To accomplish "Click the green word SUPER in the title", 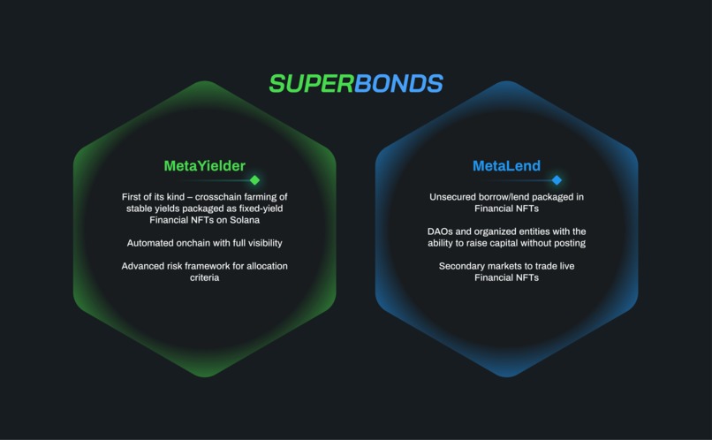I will point(311,84).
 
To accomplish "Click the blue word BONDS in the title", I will point(398,84).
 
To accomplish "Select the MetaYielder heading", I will point(204,166).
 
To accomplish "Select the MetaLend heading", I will point(506,166).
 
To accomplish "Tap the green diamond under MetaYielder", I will point(254,180).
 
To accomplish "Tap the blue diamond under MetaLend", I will point(557,180).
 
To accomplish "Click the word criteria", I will point(204,277).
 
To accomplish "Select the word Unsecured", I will point(455,197).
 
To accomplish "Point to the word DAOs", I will point(442,231).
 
